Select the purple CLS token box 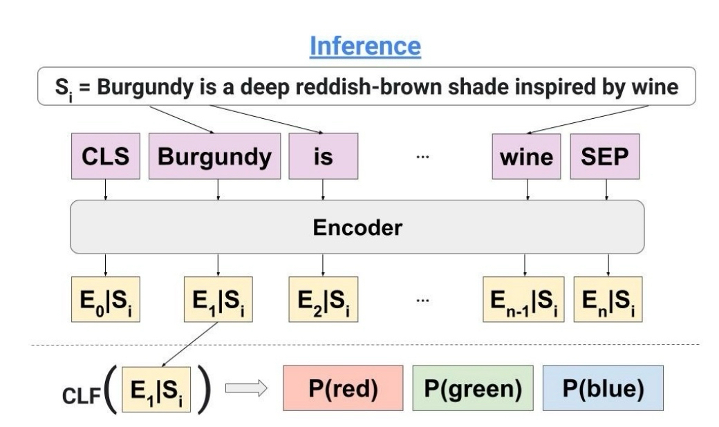106,157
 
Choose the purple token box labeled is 323,157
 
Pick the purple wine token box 526,157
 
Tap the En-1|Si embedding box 523,298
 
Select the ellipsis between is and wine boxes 422,158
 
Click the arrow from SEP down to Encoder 607,189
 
